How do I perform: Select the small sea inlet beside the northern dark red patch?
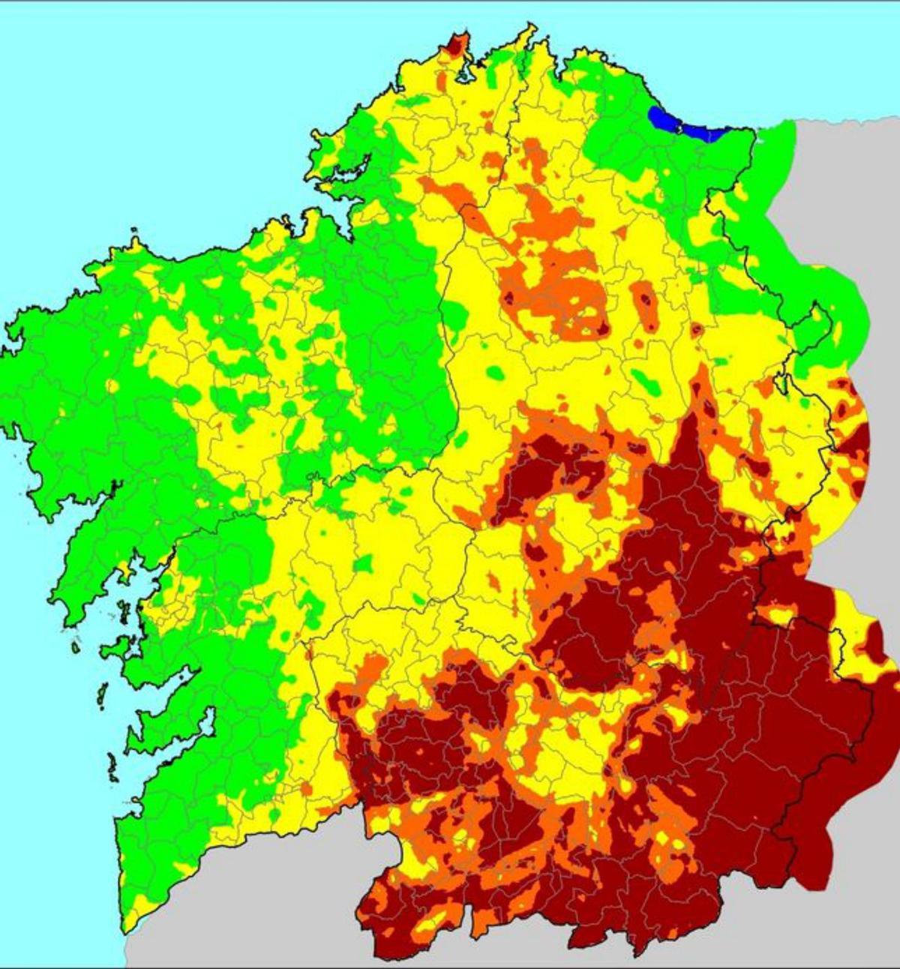pos(463,75)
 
